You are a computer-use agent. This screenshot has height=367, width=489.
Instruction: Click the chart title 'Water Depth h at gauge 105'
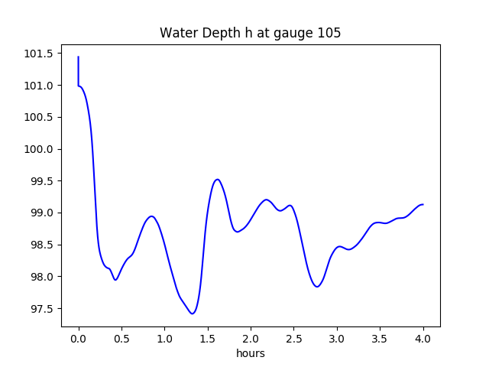click(250, 34)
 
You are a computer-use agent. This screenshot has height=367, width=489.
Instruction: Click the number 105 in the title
click(329, 34)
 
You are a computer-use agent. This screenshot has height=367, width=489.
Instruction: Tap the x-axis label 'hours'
click(251, 354)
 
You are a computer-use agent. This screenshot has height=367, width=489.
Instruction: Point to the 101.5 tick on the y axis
click(40, 54)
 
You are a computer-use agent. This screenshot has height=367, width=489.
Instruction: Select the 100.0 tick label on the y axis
click(40, 149)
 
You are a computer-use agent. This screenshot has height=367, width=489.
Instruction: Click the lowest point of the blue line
click(193, 313)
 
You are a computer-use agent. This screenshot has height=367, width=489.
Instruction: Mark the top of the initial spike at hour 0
click(79, 57)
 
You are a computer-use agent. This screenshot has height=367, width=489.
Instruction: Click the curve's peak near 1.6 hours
click(218, 180)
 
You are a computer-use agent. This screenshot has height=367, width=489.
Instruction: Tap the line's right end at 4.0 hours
click(423, 204)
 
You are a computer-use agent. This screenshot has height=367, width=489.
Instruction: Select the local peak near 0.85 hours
click(152, 216)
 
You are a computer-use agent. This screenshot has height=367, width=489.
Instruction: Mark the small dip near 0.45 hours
click(115, 280)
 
